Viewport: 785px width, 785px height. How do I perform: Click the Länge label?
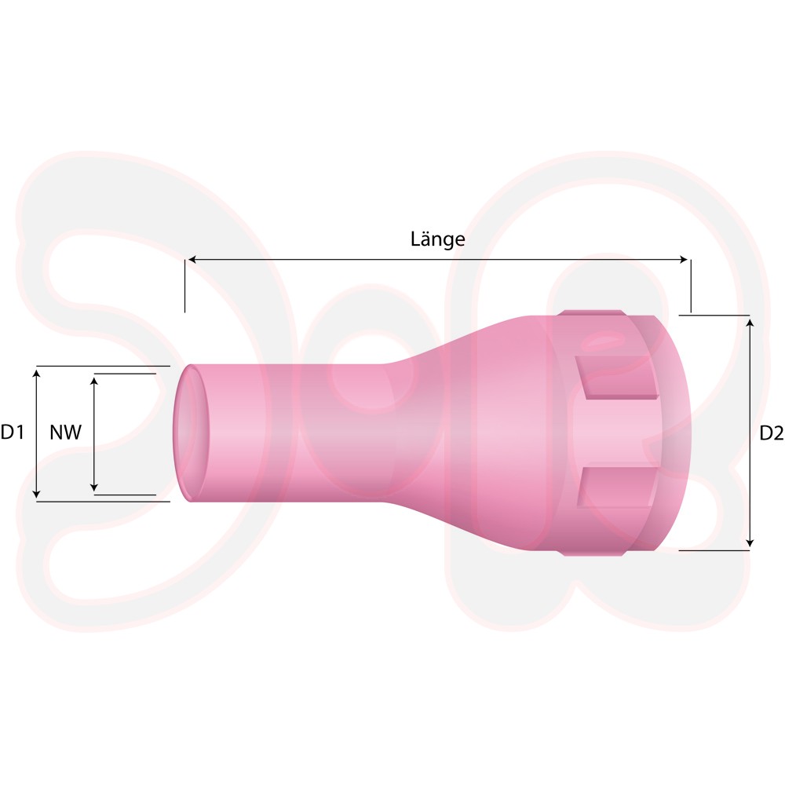click(x=437, y=239)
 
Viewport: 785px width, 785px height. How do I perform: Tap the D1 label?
click(x=12, y=432)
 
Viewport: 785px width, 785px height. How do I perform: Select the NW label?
click(x=66, y=432)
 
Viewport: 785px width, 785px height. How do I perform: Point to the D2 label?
click(x=772, y=433)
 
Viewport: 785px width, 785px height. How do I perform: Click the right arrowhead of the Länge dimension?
click(x=684, y=259)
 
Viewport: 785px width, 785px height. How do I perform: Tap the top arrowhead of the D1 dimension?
click(x=36, y=373)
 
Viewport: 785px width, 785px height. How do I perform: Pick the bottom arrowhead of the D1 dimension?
click(x=36, y=494)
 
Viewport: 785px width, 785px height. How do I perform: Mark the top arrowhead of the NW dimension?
click(x=94, y=381)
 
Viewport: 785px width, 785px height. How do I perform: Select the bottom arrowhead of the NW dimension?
click(x=94, y=487)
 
